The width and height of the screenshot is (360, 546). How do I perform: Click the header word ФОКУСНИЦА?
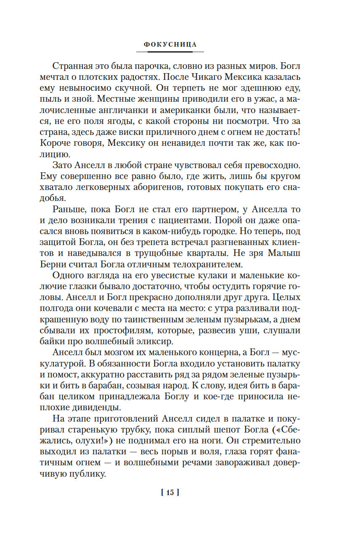170,44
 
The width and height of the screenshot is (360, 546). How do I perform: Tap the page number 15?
170,492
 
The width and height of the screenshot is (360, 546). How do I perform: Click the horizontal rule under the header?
170,52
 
